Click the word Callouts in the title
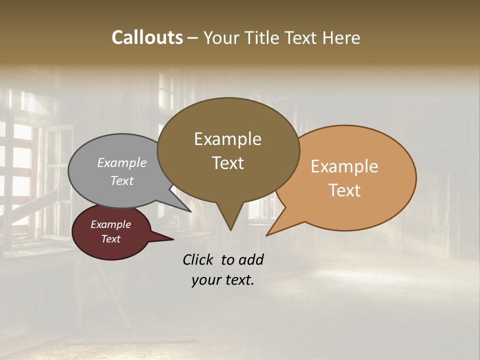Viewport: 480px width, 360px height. pos(147,37)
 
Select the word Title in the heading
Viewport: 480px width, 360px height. pos(263,37)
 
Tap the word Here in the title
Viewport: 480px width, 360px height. pos(341,37)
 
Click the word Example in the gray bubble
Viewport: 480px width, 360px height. pos(122,162)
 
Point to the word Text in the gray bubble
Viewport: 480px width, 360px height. pos(122,180)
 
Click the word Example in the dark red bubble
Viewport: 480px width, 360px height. pos(111,224)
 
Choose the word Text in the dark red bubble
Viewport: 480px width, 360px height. pos(111,239)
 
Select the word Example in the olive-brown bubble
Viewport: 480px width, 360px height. pos(227,139)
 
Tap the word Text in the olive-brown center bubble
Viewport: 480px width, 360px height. pos(228,163)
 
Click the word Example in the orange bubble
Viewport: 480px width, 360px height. pos(344,166)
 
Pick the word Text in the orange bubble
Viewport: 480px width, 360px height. pos(345,190)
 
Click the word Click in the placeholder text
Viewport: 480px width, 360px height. pos(199,259)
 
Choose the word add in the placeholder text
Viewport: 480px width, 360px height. pos(250,259)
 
